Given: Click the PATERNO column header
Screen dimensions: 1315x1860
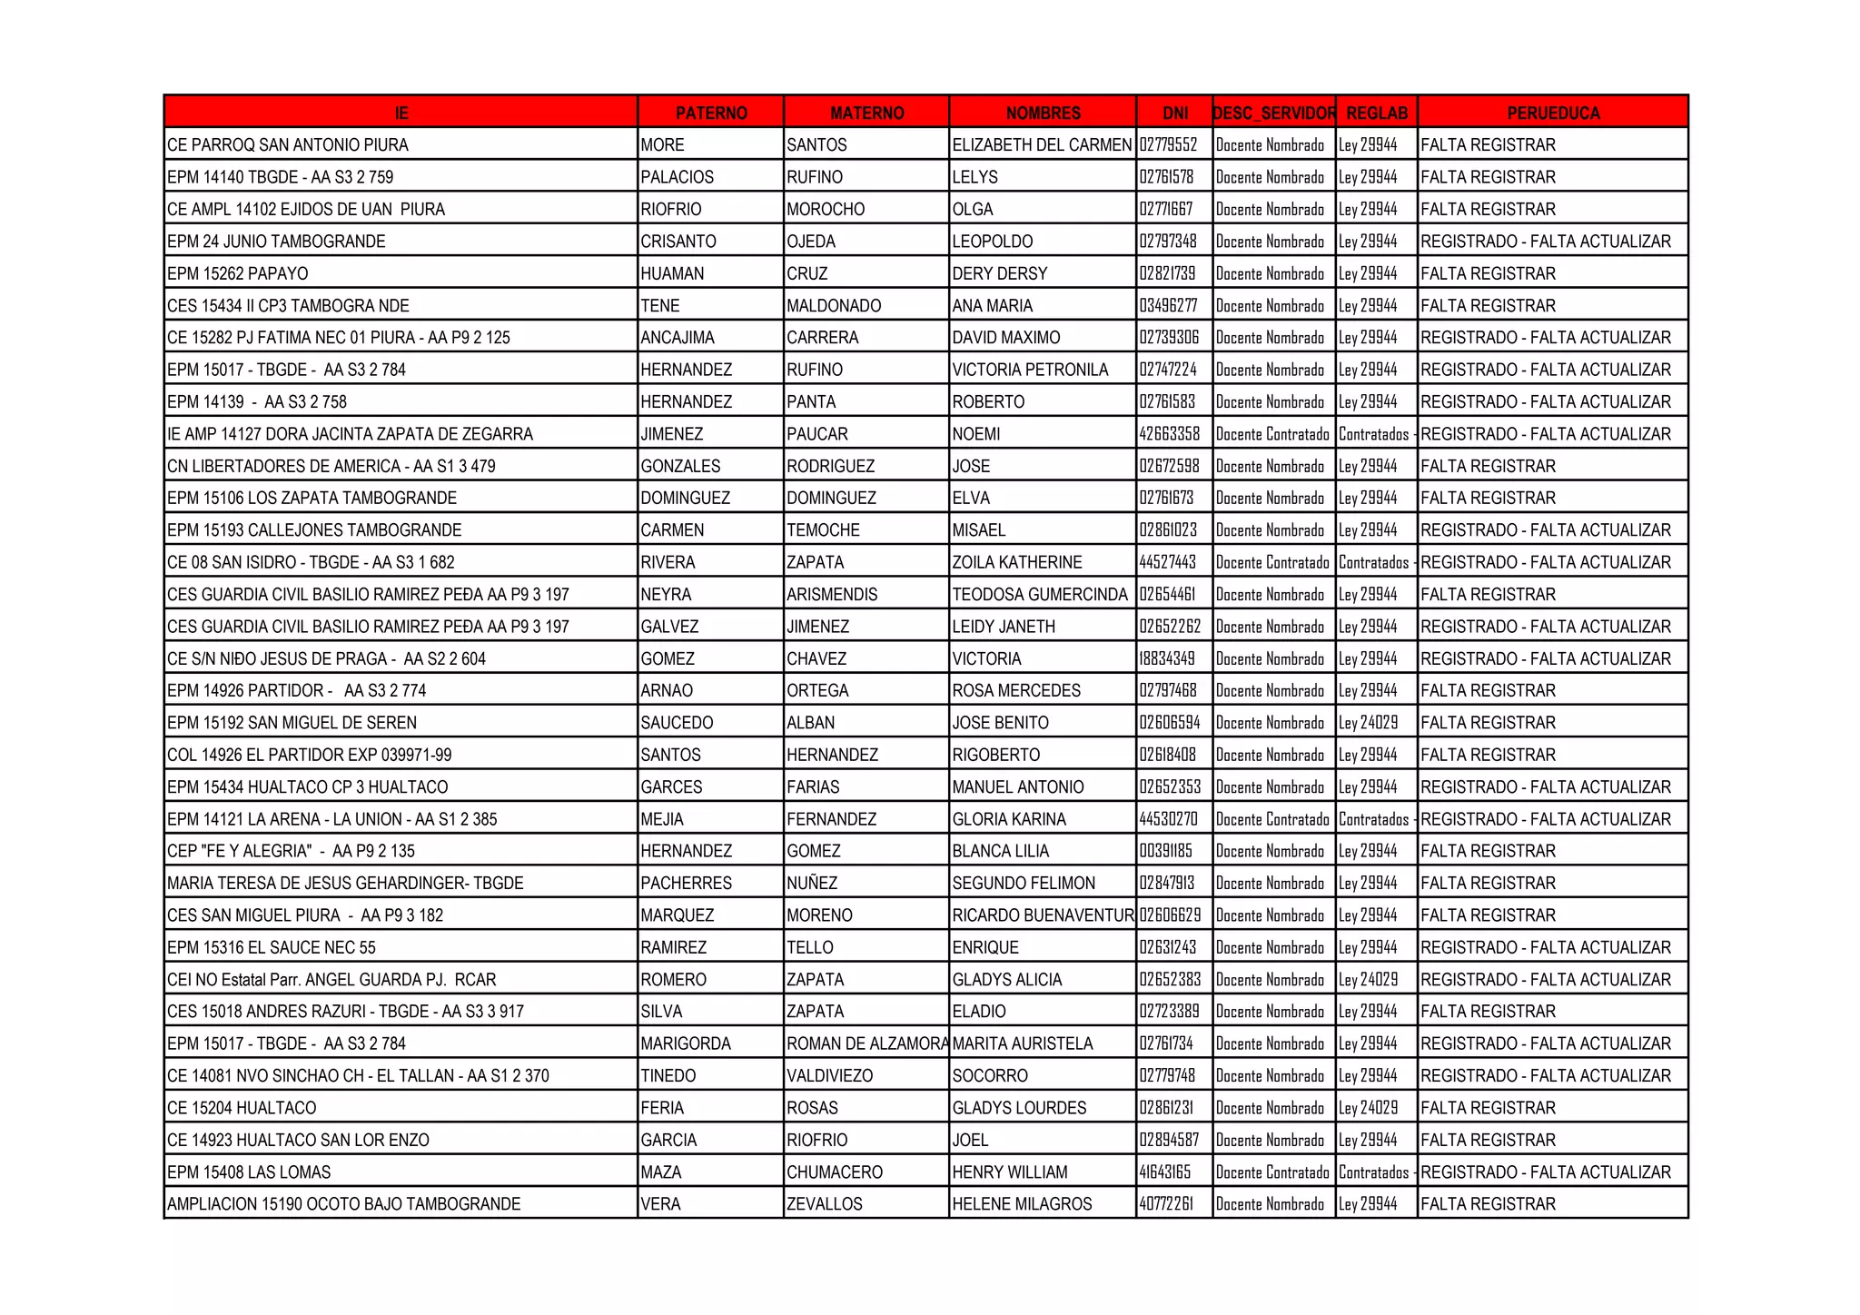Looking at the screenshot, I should coord(710,113).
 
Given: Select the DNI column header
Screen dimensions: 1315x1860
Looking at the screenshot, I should coord(1174,113).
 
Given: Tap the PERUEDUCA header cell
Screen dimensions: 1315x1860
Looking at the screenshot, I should coord(1552,113).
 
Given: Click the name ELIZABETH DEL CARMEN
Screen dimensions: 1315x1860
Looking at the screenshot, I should coord(1042,145).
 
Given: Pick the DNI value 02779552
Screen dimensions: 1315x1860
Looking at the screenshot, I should coord(1168,145).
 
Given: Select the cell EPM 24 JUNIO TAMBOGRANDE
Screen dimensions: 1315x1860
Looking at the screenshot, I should coord(276,242).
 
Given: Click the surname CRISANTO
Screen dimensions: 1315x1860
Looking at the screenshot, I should coord(678,242).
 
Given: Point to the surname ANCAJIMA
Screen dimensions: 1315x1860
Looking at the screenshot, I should coord(677,338).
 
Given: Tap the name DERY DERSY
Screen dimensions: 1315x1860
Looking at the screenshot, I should coord(999,273).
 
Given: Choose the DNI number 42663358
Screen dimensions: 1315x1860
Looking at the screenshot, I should coord(1169,434).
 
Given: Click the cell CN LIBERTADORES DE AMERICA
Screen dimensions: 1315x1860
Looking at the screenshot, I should coord(331,466).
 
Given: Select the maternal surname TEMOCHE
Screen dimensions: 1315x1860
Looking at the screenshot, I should coord(823,530).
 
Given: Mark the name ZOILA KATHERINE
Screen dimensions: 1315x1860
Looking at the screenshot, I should coord(1016,562).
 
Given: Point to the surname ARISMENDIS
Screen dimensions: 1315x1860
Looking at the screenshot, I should coord(832,595).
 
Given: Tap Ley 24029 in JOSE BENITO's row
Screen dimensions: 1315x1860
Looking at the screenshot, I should coord(1368,723).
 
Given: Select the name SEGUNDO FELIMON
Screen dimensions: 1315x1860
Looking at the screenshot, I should coord(1024,883).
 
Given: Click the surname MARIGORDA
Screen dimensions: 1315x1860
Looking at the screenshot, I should coord(685,1043).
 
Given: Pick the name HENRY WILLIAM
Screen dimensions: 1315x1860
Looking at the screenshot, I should coord(1009,1172).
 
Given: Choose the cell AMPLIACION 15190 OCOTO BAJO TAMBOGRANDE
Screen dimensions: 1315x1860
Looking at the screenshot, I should coord(343,1204).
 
